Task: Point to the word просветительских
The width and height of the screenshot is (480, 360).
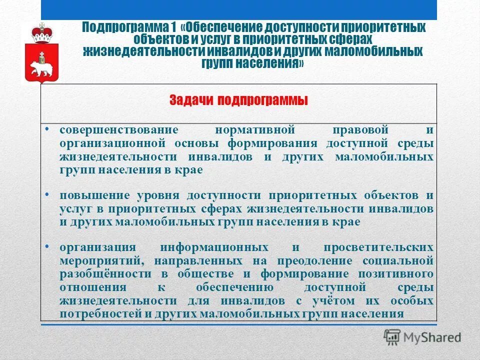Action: pos(378,247)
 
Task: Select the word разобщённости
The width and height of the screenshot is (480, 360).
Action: pos(105,274)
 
